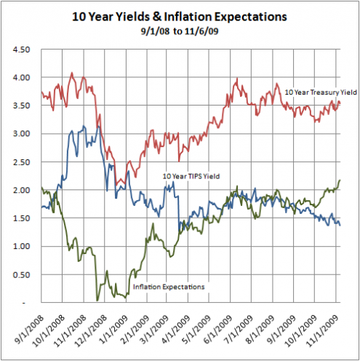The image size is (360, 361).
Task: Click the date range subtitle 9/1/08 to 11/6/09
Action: click(x=180, y=32)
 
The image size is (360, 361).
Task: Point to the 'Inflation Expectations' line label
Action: click(x=169, y=287)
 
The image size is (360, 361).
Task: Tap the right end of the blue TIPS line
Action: click(x=340, y=226)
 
